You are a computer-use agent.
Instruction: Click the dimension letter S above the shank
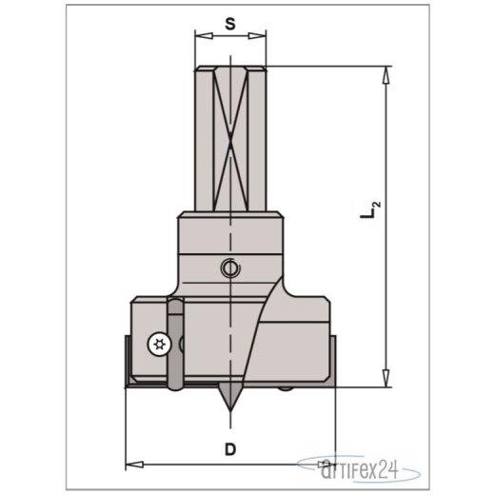tap(229, 23)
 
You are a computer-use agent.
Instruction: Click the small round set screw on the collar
tap(229, 270)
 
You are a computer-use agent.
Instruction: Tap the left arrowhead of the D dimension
tap(132, 464)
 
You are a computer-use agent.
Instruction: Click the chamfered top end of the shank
tap(229, 69)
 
